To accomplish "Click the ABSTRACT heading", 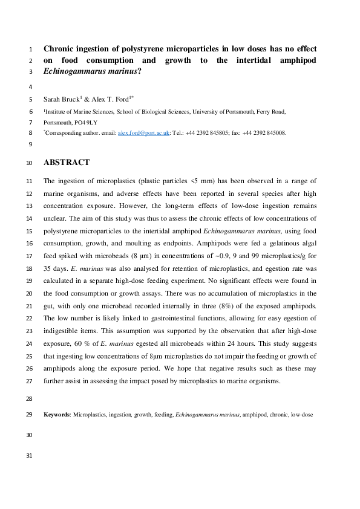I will tap(67, 163).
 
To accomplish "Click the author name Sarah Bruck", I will tap(62, 99).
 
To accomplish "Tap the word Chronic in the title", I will tap(63, 48).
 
